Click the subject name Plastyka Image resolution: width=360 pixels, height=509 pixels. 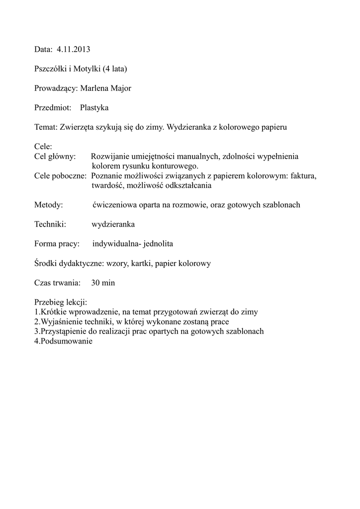click(94, 107)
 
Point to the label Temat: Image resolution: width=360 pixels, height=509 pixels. click(46, 127)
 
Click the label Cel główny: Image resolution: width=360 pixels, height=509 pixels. click(55, 156)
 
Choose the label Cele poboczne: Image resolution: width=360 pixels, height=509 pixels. click(61, 175)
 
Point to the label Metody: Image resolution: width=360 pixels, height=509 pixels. click(48, 205)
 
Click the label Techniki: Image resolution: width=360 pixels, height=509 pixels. click(50, 224)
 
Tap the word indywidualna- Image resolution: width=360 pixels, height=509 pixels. click(116, 244)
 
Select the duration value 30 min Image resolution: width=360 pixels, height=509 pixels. click(103, 283)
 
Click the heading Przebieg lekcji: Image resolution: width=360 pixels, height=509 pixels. click(61, 302)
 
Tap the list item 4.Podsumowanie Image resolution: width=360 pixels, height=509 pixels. click(64, 341)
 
